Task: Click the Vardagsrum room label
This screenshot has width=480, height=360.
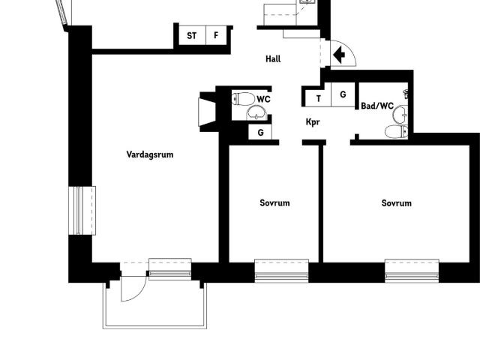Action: pos(150,154)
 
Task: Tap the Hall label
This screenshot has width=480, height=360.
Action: pos(273,58)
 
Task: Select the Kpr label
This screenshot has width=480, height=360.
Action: pos(313,121)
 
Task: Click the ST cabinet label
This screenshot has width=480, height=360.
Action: pos(192,36)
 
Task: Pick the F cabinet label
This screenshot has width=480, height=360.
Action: pos(216,35)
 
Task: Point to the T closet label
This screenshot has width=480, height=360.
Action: pos(319,98)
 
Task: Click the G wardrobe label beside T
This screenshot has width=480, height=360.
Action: pos(343,94)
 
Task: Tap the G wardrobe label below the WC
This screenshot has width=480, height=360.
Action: pos(260,133)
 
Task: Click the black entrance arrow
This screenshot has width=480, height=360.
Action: pos(338,55)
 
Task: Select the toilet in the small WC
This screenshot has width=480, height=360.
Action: pos(243,99)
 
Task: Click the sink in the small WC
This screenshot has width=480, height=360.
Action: pos(256,112)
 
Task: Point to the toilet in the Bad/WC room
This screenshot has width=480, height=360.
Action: pos(397,132)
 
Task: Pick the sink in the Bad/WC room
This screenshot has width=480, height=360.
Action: pos(400,115)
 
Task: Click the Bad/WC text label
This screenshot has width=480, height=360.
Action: pos(377,106)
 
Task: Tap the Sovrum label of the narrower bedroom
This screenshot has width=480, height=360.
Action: pos(274,203)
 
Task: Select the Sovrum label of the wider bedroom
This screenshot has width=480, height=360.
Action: pos(397,203)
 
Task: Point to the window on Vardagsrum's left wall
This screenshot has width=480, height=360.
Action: pos(82,211)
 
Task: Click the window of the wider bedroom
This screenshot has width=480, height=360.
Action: pos(412,271)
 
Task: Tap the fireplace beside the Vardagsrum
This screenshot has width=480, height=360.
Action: pos(208,112)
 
